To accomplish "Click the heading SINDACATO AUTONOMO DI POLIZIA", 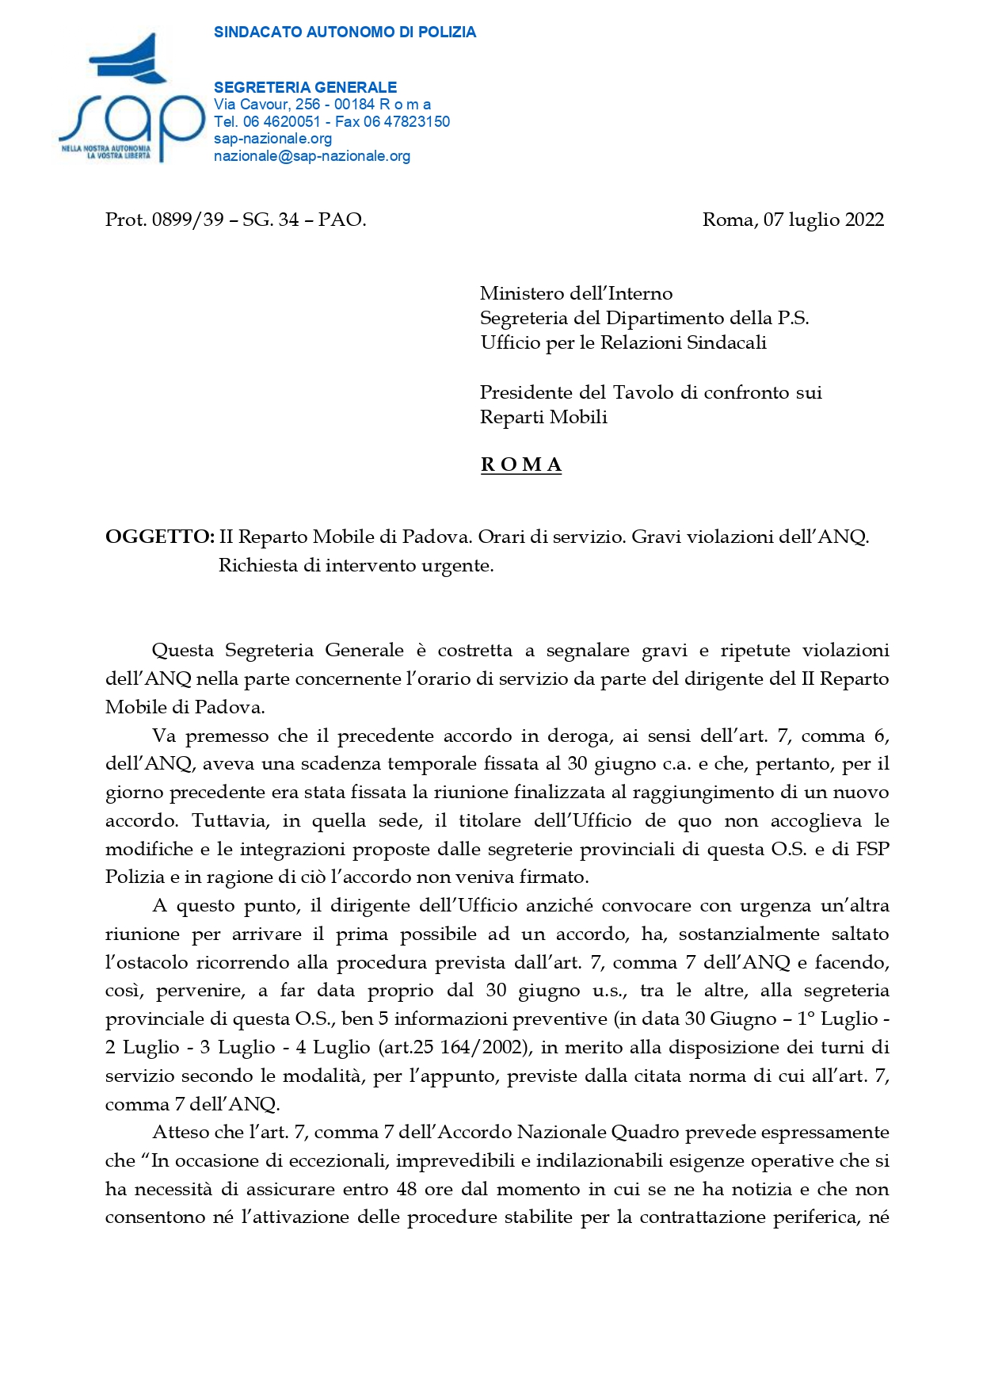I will [345, 32].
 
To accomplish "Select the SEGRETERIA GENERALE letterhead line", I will [305, 87].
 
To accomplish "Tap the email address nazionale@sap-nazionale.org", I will [312, 156].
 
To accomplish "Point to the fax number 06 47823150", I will [406, 121].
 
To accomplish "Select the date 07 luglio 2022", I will [824, 220].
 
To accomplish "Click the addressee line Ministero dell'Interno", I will [576, 293].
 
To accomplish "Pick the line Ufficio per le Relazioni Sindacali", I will [623, 342].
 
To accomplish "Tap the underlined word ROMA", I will [520, 464].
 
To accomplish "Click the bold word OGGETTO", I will [159, 537].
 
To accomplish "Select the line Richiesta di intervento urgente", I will [356, 565].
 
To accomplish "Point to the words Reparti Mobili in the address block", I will [543, 417].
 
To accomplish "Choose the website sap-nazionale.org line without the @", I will [272, 139].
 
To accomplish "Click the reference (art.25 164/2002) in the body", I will [454, 1047].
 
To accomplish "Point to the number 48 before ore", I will [406, 1189].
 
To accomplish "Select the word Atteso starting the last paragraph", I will [179, 1132].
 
